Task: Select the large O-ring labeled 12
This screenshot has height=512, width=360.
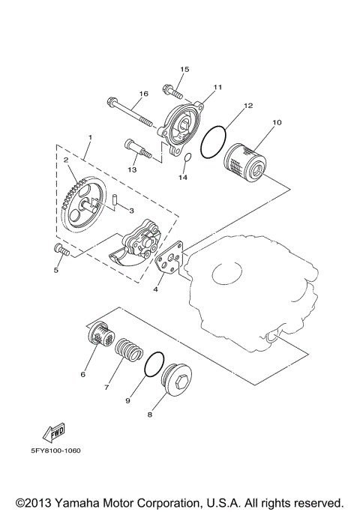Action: point(215,139)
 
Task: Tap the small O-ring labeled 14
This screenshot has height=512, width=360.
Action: point(188,158)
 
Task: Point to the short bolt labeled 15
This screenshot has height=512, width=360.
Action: point(173,94)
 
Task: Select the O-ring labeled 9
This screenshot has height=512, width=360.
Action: point(154,364)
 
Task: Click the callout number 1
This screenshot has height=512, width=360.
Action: point(89,137)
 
